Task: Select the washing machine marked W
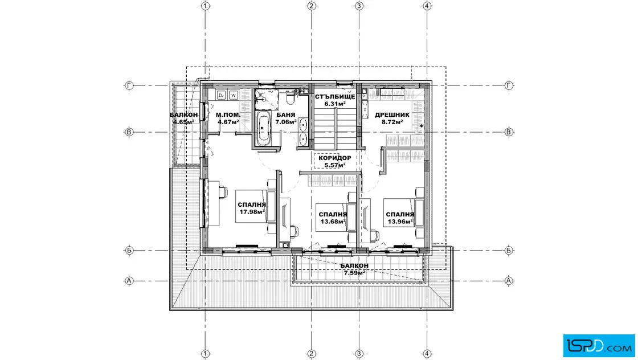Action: [233, 95]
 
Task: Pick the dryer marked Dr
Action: [221, 95]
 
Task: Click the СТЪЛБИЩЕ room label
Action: [335, 97]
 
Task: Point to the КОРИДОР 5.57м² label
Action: [335, 162]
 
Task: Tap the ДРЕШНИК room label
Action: [392, 114]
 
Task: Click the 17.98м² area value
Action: [252, 212]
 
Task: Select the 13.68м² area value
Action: [333, 222]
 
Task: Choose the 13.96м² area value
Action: [400, 222]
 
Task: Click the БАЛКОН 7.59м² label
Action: [354, 269]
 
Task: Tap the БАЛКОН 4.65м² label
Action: [183, 118]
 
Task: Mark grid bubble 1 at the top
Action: [206, 6]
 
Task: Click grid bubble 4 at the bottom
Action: [427, 354]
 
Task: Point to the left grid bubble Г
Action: [129, 85]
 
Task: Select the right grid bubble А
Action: [509, 281]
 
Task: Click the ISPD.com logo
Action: [599, 346]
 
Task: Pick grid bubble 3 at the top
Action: [359, 6]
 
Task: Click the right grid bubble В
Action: [509, 132]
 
